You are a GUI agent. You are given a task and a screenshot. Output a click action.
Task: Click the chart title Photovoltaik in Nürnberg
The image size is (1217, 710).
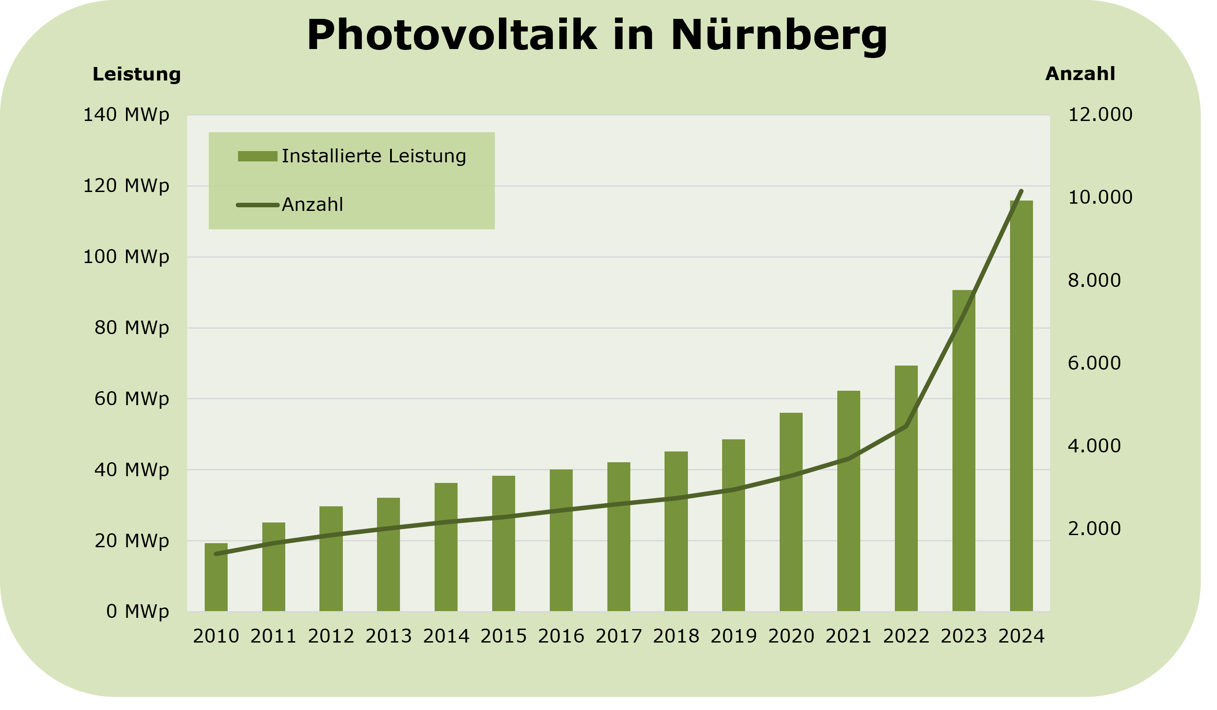[597, 36]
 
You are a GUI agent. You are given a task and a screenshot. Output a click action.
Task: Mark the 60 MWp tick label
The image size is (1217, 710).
[131, 399]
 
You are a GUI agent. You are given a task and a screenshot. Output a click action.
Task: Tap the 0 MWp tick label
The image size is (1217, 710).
[138, 612]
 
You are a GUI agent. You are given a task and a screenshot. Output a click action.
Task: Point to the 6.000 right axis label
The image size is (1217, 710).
[1094, 363]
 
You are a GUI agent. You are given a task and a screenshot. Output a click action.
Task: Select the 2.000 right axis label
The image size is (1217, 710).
[1094, 529]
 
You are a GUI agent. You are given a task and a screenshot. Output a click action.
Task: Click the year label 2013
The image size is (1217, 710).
[388, 637]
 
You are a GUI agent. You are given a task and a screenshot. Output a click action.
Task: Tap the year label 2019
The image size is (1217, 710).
[734, 637]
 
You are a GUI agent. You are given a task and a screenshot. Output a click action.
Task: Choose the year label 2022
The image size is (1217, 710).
[906, 637]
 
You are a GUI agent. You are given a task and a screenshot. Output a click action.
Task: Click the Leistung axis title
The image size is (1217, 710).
[137, 75]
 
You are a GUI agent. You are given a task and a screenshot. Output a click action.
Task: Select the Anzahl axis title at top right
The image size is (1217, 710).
[1080, 74]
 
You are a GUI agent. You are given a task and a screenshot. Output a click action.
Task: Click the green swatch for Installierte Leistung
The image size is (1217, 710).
[257, 156]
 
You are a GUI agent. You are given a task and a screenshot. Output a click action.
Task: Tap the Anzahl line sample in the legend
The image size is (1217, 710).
[257, 205]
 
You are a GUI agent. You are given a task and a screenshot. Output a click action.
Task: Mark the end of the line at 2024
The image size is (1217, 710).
[1021, 191]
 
